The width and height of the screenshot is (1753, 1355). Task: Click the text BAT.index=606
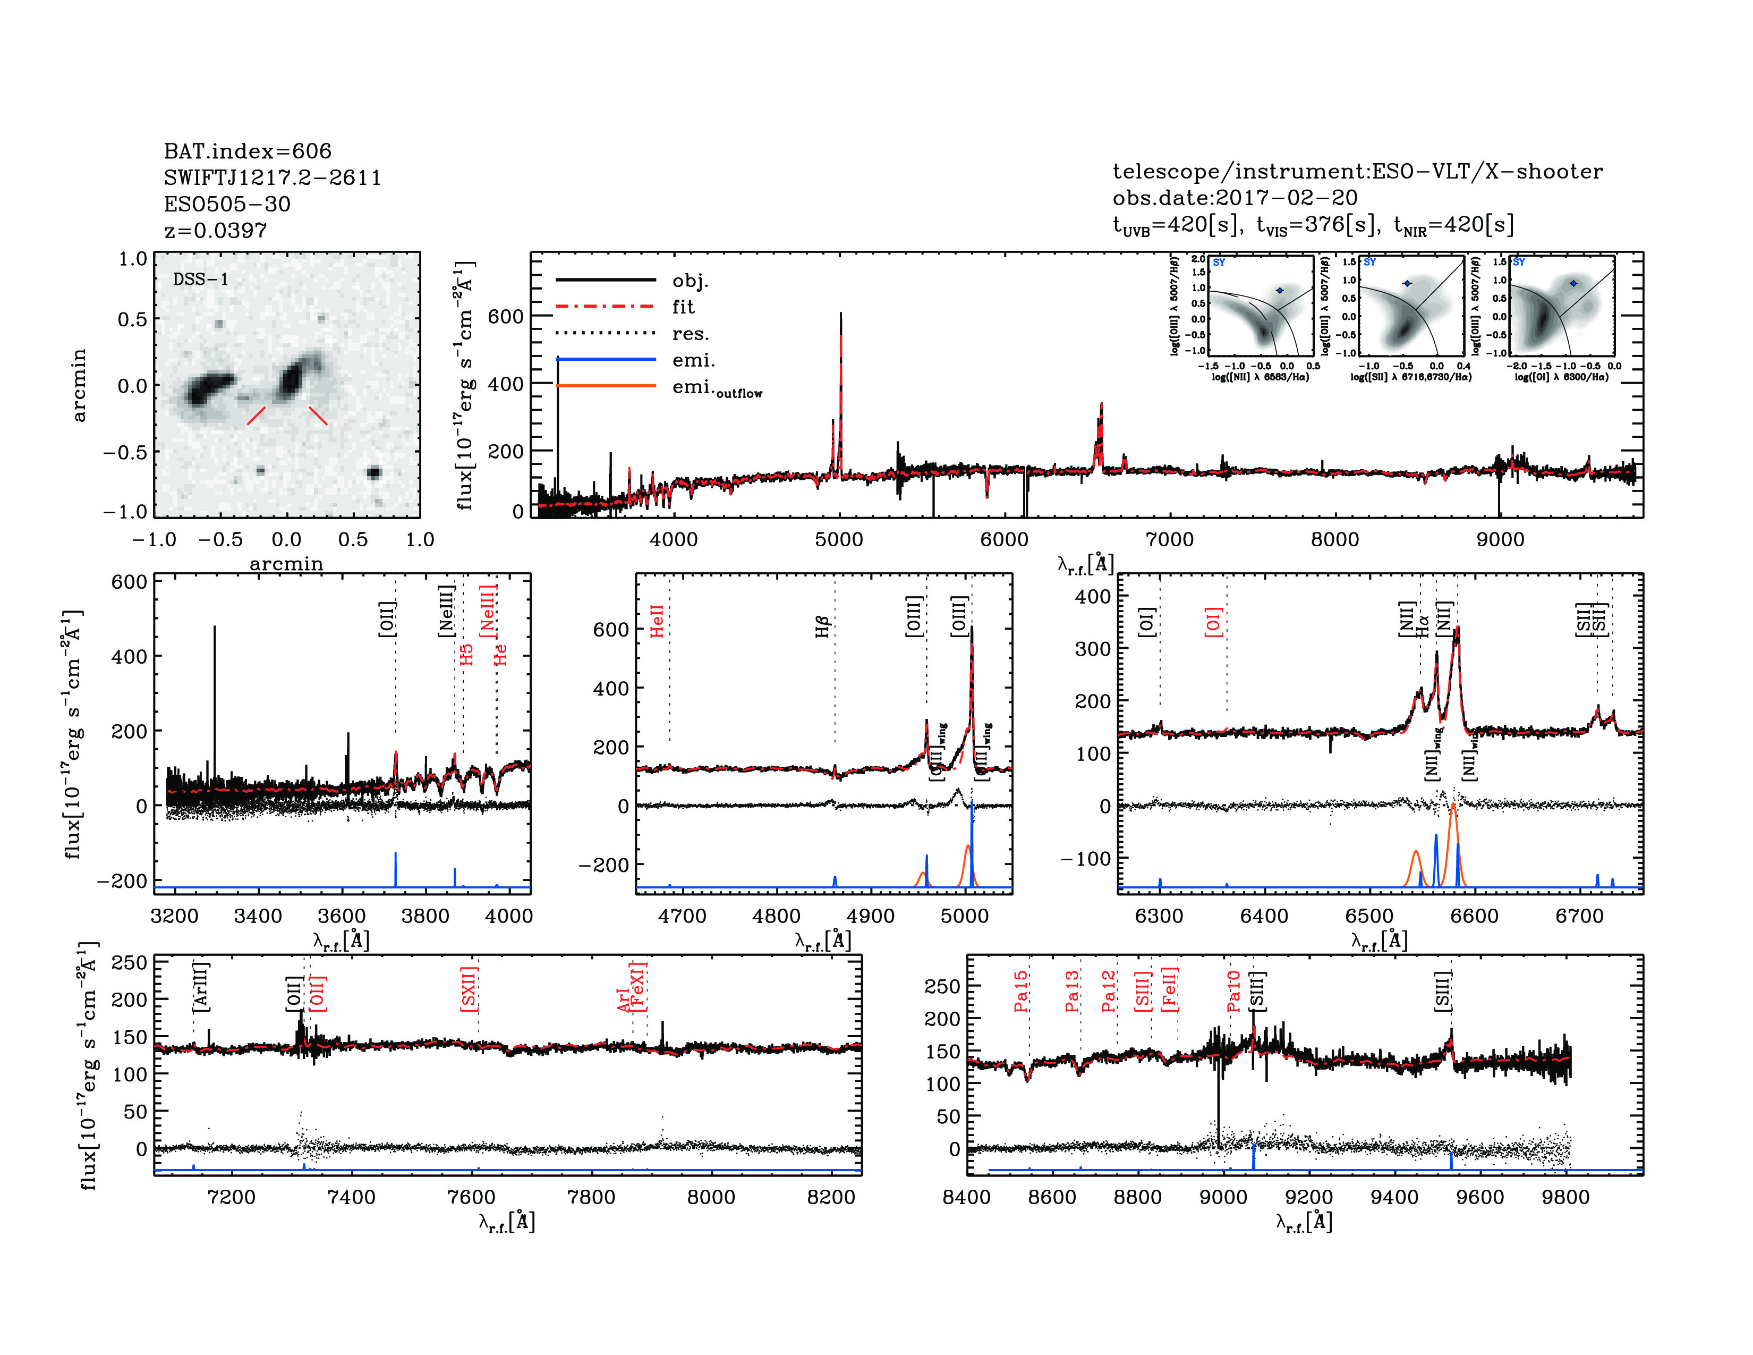click(x=247, y=151)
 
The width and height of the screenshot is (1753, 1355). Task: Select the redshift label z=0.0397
click(x=215, y=231)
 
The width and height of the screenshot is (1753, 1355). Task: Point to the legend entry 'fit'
click(x=683, y=307)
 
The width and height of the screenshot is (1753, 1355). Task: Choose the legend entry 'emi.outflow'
click(x=716, y=388)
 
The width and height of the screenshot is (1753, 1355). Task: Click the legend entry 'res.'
click(x=690, y=334)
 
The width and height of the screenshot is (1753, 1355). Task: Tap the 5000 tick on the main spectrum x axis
click(x=839, y=539)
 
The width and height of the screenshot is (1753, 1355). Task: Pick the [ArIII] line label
click(x=201, y=986)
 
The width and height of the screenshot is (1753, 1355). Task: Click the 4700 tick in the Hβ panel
click(x=682, y=916)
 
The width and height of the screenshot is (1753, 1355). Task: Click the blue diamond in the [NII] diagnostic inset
click(x=1280, y=291)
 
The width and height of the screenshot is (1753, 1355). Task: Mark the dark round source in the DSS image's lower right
click(x=373, y=472)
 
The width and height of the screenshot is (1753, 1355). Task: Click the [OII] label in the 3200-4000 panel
click(x=387, y=619)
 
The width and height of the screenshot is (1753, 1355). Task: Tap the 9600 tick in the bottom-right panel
click(x=1480, y=1197)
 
